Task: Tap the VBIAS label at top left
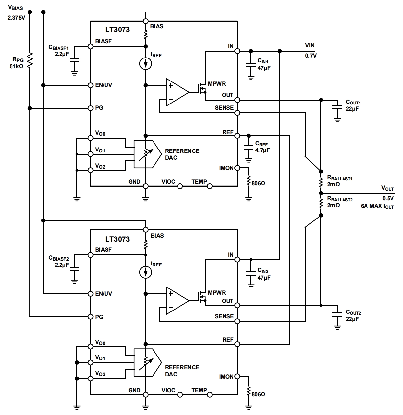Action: click(15, 7)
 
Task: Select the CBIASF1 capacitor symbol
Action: click(75, 60)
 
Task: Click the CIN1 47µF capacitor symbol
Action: click(251, 65)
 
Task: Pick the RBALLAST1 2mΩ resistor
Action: click(321, 182)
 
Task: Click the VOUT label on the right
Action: click(387, 188)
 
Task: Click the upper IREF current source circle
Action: click(146, 64)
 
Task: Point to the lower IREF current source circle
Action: click(145, 272)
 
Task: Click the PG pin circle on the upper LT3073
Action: click(91, 108)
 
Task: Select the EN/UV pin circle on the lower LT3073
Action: click(91, 294)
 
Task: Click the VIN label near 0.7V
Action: click(310, 46)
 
